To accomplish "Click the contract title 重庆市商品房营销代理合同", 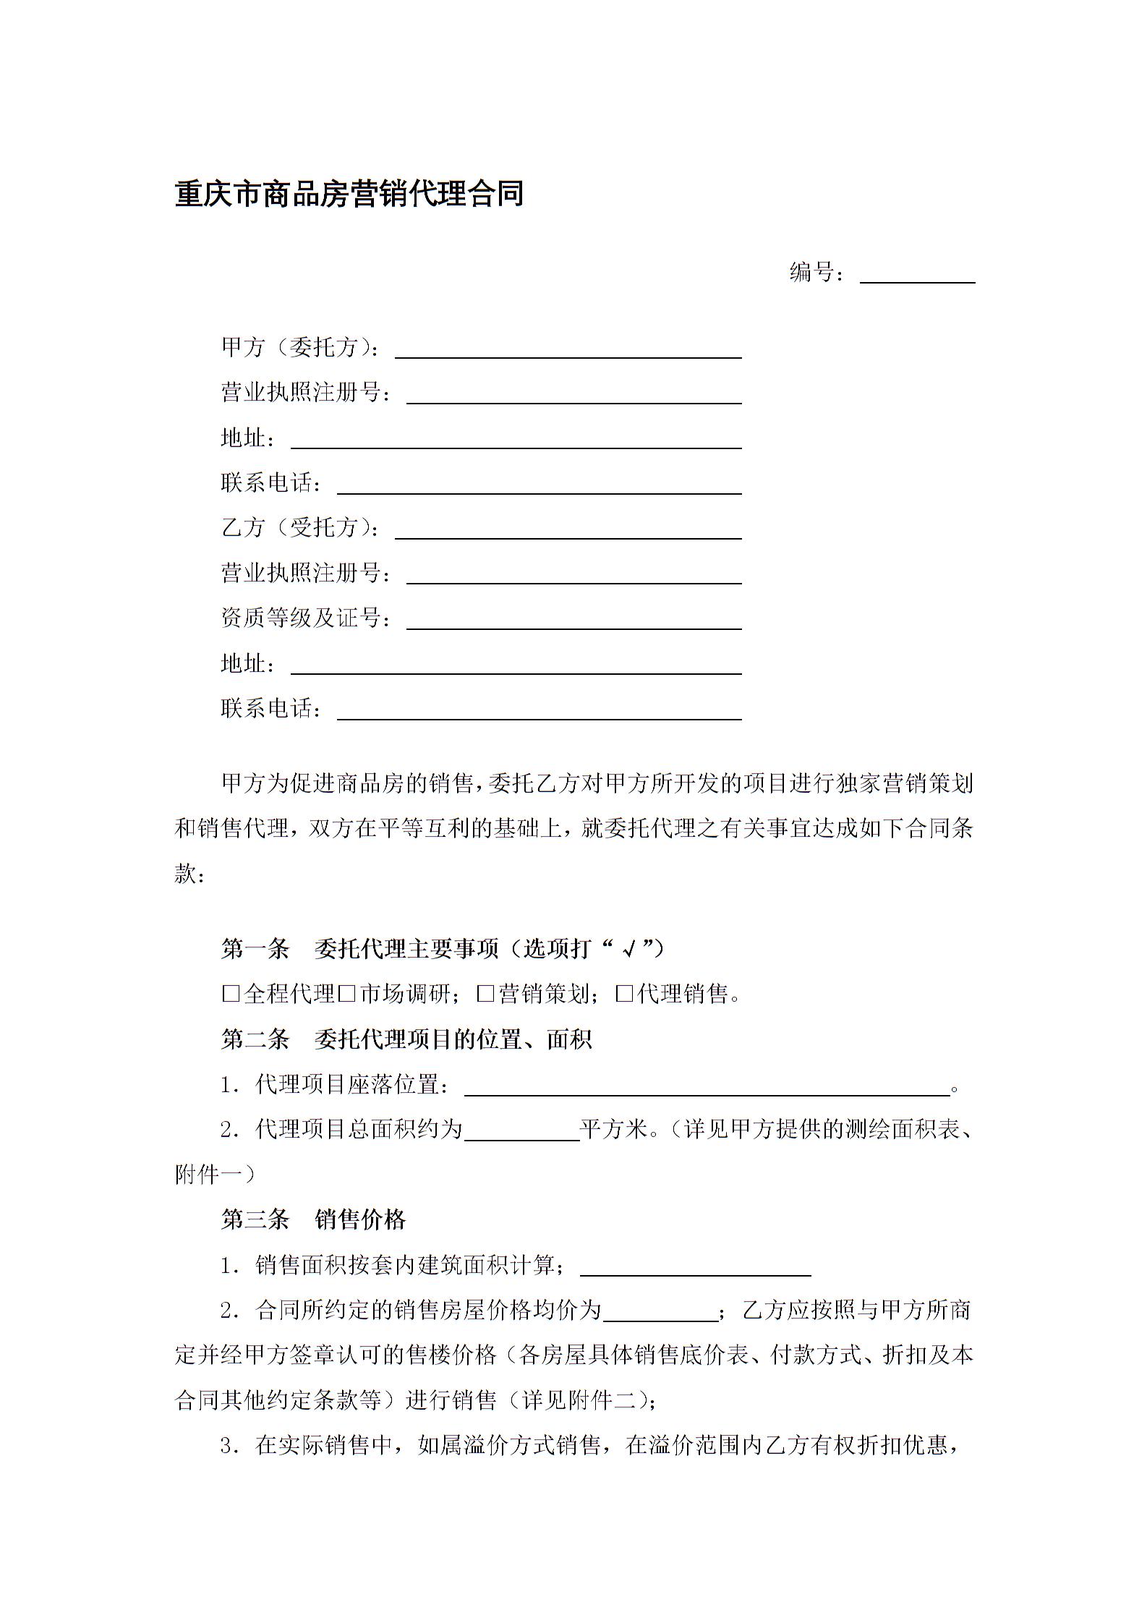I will pyautogui.click(x=349, y=195).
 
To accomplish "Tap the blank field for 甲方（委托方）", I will pyautogui.click(x=568, y=349).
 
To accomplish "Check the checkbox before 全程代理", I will pyautogui.click(x=231, y=994).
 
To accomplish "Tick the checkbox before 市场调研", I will pyautogui.click(x=346, y=994).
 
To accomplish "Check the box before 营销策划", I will pyautogui.click(x=485, y=994).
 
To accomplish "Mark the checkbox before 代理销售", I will pyautogui.click(x=624, y=994).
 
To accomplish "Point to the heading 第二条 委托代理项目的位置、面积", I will pyautogui.click(x=406, y=1039).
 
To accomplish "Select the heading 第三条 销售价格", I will pyautogui.click(x=313, y=1220).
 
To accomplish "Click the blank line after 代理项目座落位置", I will pyautogui.click(x=707, y=1087).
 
